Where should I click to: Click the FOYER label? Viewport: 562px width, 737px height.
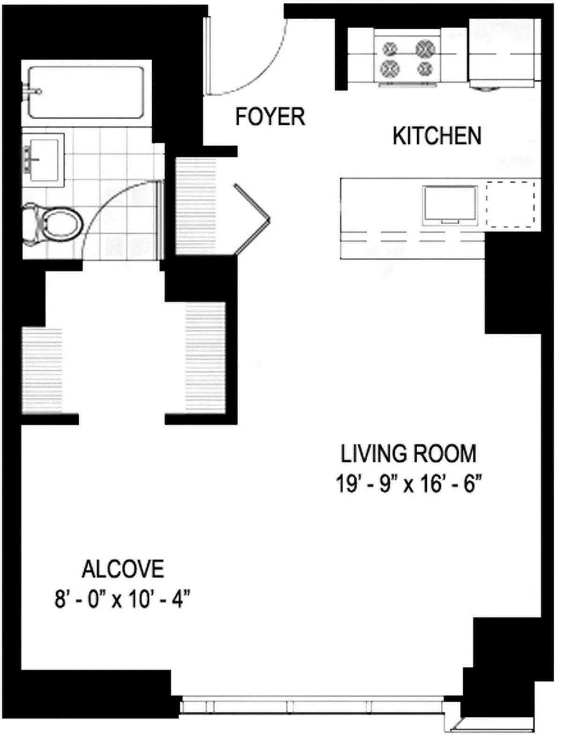click(270, 117)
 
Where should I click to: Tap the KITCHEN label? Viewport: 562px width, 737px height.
click(436, 136)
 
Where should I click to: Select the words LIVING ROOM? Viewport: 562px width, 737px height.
click(408, 454)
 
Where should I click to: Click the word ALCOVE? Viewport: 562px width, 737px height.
click(123, 569)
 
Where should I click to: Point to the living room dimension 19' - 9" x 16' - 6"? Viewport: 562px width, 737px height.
click(408, 484)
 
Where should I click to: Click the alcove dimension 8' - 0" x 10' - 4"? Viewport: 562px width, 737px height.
click(123, 599)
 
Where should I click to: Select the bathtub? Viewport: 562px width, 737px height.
click(87, 92)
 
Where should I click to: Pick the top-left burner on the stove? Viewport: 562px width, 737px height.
click(390, 49)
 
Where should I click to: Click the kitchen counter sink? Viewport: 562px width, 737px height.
click(450, 205)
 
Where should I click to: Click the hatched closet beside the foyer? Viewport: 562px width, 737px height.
click(195, 206)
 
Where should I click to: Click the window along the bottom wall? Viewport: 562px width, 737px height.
click(311, 707)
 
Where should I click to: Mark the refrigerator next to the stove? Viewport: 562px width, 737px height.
click(503, 53)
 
